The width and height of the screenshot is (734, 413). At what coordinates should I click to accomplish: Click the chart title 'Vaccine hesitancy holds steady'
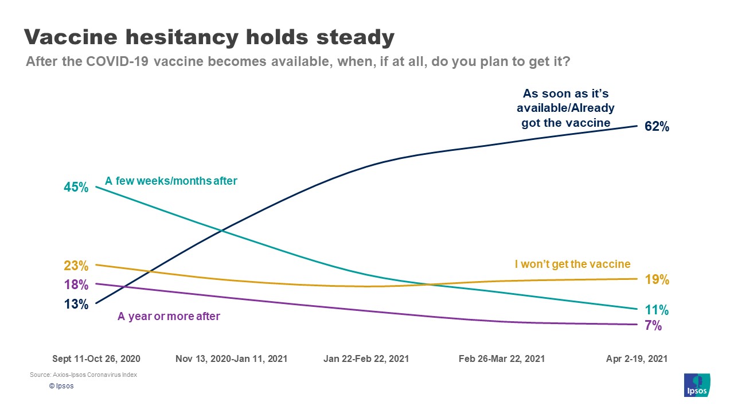[x=209, y=37]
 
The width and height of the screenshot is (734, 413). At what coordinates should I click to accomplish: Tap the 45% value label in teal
[x=76, y=187]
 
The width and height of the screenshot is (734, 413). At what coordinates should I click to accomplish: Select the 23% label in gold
[x=76, y=266]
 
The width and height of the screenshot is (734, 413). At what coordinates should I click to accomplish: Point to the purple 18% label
[x=76, y=285]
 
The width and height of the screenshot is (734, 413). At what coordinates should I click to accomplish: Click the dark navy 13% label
[x=76, y=304]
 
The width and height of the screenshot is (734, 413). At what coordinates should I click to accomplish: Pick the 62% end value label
[x=657, y=127]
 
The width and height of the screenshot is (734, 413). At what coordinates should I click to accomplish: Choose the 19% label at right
[x=657, y=280]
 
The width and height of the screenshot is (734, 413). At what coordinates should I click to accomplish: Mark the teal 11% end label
[x=656, y=310]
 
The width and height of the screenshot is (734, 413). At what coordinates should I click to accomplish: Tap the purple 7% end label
[x=653, y=326]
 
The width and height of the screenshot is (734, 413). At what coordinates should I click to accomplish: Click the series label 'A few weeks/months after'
[x=171, y=181]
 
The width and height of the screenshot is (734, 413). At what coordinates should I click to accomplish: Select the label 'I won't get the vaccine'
[x=572, y=264]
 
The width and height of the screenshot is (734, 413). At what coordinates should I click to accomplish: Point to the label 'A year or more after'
[x=169, y=316]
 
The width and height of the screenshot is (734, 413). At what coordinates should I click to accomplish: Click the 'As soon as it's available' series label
[x=565, y=108]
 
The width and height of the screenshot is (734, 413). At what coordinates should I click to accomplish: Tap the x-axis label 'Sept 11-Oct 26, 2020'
[x=96, y=359]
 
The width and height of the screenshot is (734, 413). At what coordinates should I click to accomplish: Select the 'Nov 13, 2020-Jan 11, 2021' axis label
[x=231, y=359]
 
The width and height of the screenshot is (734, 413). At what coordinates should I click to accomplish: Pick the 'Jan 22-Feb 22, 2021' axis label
[x=366, y=359]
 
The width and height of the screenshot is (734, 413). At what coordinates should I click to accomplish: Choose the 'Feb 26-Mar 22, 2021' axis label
[x=502, y=359]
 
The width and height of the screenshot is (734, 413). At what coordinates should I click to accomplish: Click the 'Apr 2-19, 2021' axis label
[x=637, y=359]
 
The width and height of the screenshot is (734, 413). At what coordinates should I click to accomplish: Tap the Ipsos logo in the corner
[x=697, y=385]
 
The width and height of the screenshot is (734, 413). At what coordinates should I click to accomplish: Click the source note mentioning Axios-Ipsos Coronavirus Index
[x=84, y=375]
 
